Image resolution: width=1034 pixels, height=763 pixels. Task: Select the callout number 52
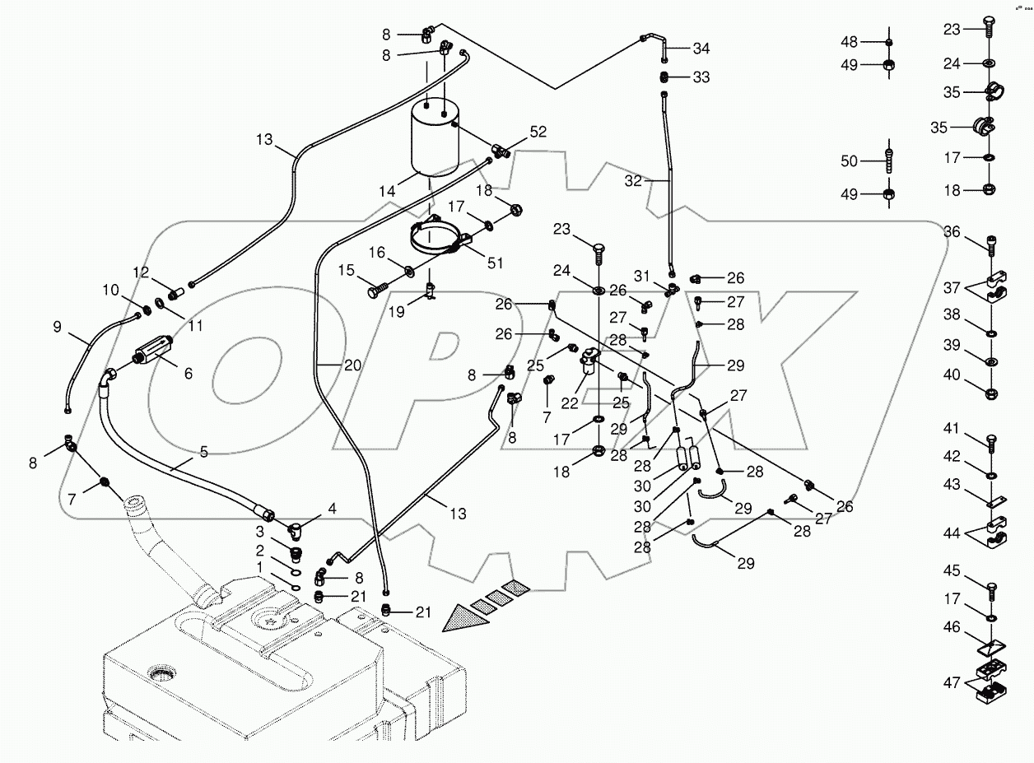(x=538, y=131)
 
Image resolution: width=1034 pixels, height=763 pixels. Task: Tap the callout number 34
(x=701, y=48)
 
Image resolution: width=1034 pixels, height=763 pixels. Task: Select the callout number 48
(x=849, y=42)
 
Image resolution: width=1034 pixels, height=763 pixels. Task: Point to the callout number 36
(x=952, y=232)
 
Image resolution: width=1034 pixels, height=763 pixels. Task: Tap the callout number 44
(x=952, y=534)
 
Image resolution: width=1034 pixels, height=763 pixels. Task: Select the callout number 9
(x=57, y=326)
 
